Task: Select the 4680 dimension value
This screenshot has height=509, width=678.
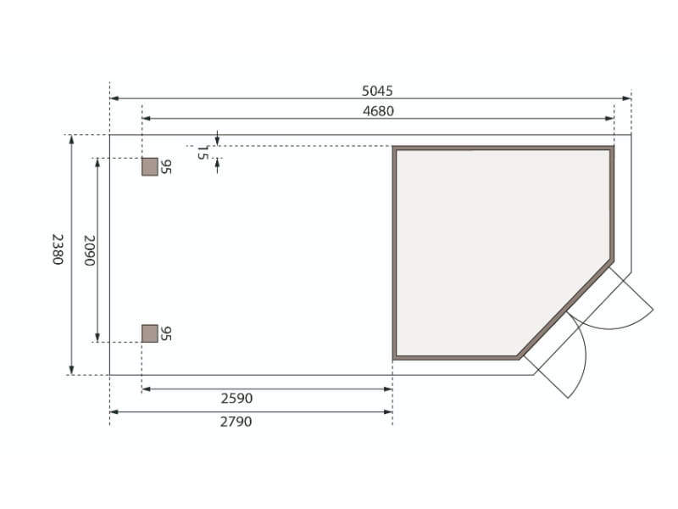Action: (378, 110)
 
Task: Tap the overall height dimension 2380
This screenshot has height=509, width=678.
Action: (57, 249)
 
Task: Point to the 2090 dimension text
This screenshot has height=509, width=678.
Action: (87, 250)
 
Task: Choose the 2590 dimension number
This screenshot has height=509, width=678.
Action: (236, 398)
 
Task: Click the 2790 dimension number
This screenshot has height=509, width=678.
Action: (236, 421)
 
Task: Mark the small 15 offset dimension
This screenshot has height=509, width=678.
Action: (202, 153)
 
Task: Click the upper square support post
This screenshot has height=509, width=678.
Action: (149, 166)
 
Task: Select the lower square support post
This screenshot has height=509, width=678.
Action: (149, 333)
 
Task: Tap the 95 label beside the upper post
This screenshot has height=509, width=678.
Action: (166, 166)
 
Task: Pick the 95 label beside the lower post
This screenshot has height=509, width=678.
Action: (166, 333)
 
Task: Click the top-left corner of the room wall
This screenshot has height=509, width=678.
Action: (395, 149)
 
